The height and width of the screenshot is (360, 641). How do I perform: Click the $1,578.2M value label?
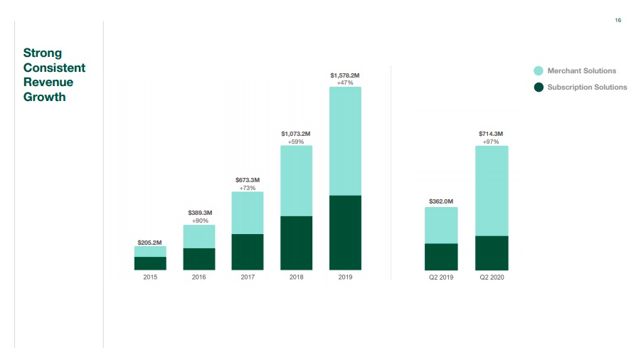345,75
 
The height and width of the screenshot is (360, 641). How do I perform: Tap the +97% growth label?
492,142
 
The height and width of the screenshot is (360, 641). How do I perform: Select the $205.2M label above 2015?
150,243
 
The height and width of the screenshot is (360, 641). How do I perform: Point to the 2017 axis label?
248,277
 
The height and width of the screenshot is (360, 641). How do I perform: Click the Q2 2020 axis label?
492,277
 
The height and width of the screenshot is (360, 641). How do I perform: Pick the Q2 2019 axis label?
441,277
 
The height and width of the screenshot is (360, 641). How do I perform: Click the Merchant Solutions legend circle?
539,71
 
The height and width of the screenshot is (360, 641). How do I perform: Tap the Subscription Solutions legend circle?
539,88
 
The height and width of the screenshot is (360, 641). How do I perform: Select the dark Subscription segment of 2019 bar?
345,233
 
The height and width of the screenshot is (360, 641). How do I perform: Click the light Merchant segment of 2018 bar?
296,181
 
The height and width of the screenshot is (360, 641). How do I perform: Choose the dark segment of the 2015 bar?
150,263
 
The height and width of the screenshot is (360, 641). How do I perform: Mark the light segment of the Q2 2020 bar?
492,191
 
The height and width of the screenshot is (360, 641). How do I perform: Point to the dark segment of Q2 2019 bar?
441,257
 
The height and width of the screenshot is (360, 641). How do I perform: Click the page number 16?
618,21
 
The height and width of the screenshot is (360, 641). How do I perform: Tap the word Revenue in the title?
48,83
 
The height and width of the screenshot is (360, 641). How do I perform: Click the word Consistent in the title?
54,68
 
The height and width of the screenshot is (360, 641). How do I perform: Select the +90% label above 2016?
200,221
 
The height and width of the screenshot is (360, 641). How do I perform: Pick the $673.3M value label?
248,180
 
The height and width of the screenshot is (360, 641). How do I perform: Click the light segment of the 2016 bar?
199,236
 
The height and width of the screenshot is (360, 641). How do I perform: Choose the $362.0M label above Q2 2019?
441,201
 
